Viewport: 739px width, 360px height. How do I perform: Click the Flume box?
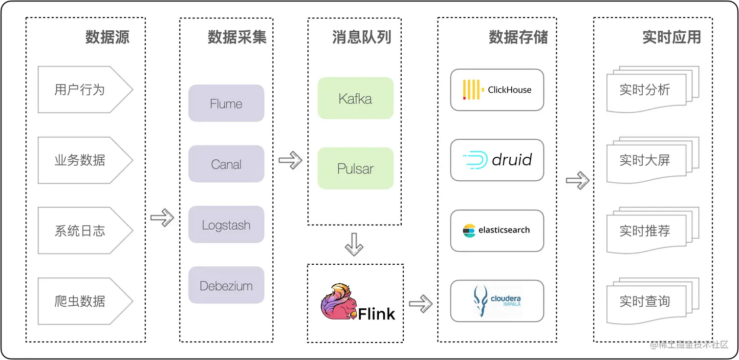point(226,104)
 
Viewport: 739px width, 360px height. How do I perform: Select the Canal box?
point(226,164)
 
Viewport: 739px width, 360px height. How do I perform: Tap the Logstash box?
point(226,225)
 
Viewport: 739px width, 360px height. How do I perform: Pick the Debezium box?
point(226,285)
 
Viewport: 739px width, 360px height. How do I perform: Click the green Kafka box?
point(355,99)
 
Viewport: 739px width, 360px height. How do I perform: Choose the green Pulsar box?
point(355,169)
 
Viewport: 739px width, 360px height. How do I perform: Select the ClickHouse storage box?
point(497,90)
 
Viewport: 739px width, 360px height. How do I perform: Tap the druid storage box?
point(497,160)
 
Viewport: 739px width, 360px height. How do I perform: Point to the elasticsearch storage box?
point(497,231)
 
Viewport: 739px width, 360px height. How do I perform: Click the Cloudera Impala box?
point(497,301)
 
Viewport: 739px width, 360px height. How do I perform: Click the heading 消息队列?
point(362,38)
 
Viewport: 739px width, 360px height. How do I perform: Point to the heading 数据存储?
point(518,38)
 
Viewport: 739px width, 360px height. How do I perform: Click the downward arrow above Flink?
point(354,244)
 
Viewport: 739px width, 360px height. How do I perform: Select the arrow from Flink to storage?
point(420,304)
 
